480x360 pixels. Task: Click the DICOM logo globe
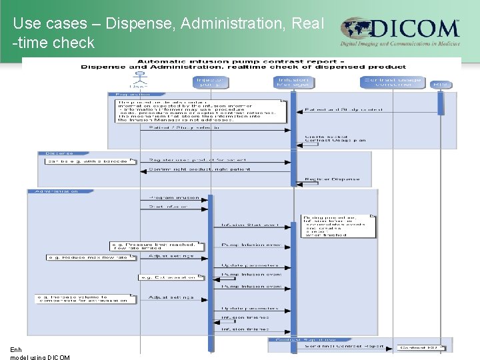(357, 30)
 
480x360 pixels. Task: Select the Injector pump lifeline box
(211, 81)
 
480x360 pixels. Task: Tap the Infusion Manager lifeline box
(293, 81)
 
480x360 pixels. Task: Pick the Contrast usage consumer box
(393, 81)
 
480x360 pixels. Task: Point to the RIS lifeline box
(440, 84)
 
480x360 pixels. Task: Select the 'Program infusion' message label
(175, 197)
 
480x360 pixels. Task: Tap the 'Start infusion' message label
(169, 207)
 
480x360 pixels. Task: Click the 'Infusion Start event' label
(250, 225)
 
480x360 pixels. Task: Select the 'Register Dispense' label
(332, 179)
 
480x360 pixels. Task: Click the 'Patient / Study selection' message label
(183, 127)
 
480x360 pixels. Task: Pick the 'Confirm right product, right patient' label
(199, 169)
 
